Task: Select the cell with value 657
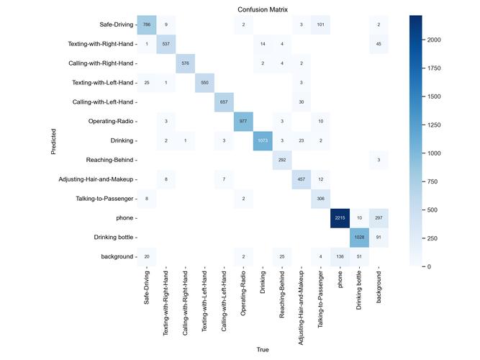224,102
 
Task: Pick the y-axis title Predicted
64,140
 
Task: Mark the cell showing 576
186,63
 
